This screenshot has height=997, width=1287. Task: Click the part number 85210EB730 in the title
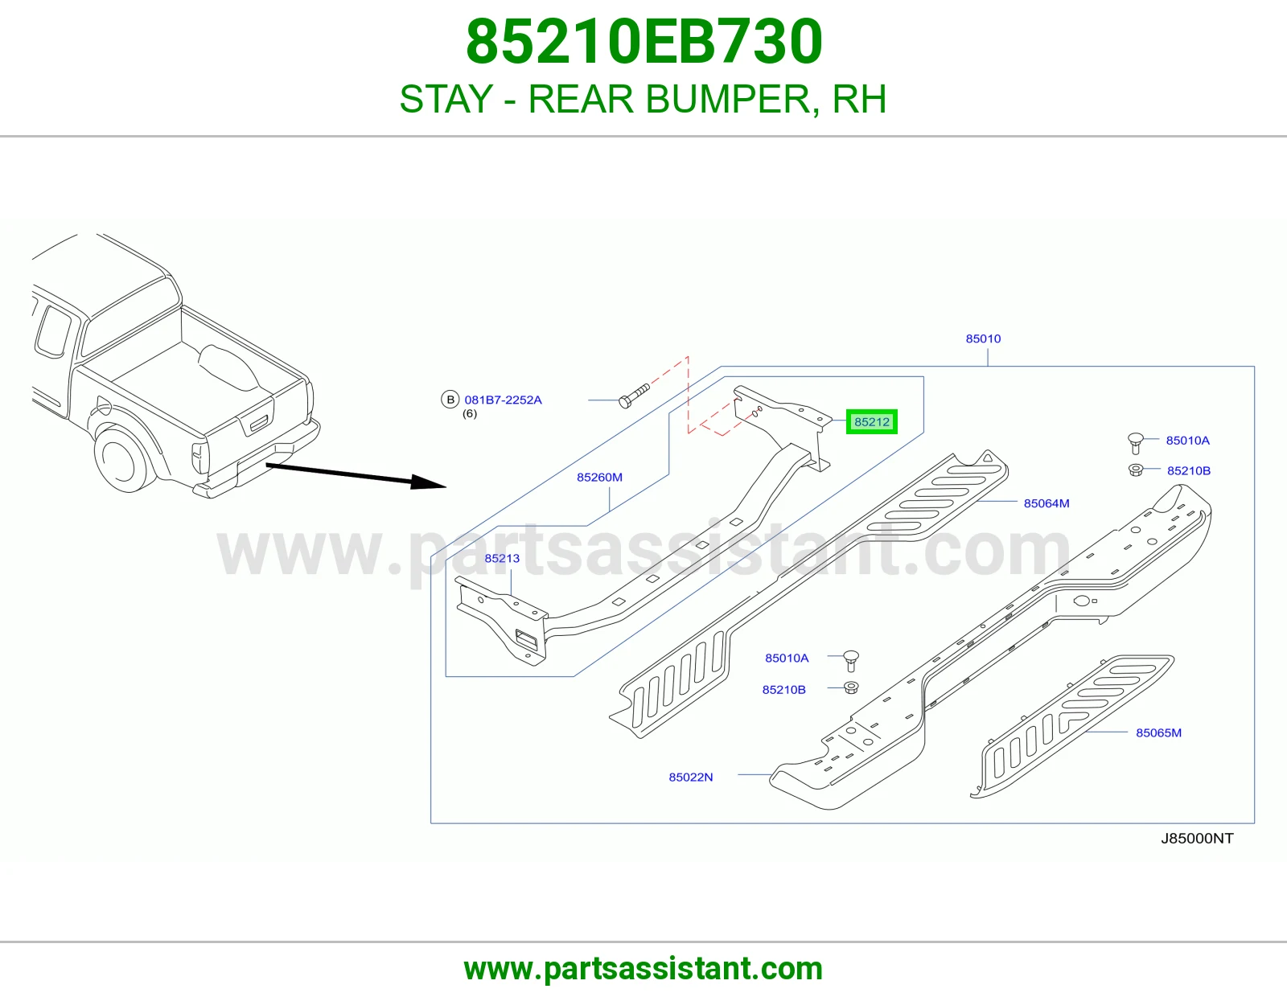643,42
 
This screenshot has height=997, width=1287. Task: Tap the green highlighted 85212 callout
872,421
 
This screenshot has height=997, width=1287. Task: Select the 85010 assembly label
983,338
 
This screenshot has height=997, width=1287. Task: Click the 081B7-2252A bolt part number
503,400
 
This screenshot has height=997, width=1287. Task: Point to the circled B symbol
450,400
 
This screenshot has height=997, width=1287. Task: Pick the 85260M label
599,477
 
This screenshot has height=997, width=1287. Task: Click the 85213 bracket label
502,558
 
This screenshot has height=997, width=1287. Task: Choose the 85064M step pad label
1046,503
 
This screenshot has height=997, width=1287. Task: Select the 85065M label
1158,732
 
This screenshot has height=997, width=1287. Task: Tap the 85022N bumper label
691,777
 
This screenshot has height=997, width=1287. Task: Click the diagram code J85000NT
1197,839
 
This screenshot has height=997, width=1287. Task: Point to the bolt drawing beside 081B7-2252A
634,396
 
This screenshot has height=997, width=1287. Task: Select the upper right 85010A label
1187,441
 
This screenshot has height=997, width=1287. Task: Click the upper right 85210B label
1189,470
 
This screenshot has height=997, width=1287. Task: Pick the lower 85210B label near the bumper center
783,690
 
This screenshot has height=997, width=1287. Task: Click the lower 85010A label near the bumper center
787,658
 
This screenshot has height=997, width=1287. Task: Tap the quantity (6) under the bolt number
470,414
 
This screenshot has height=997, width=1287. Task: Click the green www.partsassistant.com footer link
643,969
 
